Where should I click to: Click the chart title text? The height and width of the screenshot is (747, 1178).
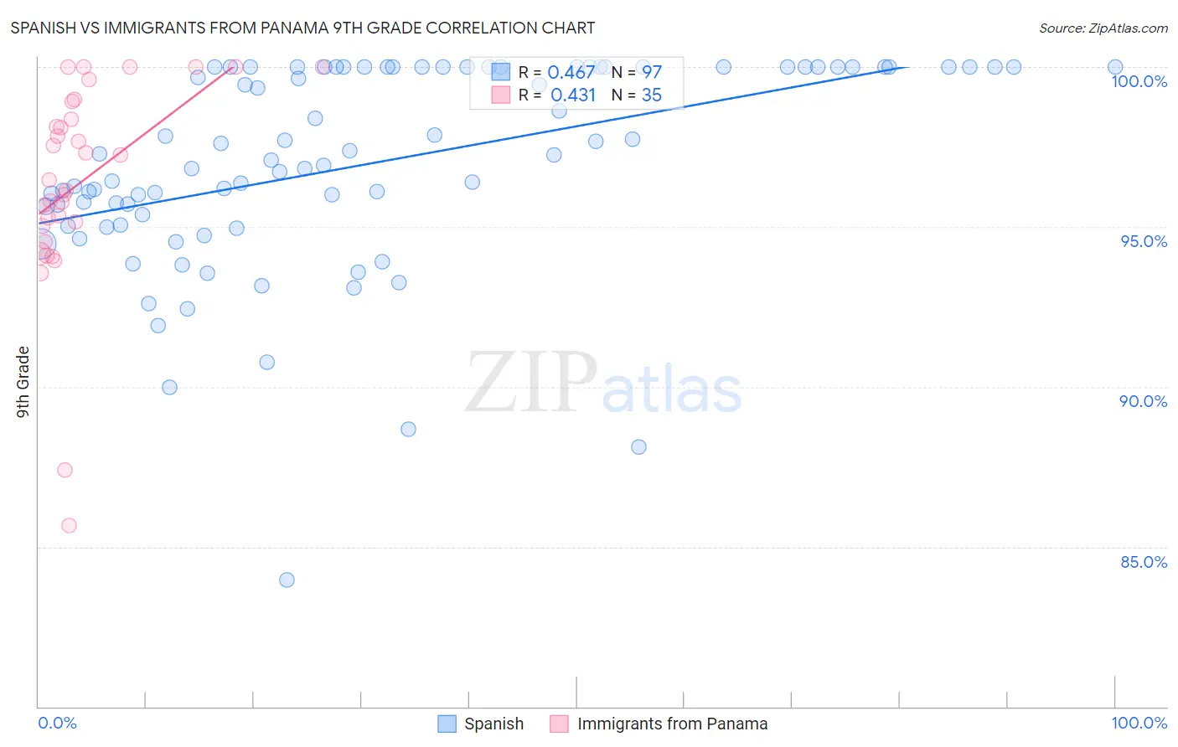tap(302, 28)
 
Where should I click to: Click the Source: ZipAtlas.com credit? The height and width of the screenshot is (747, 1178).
tap(1103, 28)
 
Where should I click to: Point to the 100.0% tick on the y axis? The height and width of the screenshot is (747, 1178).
tap(1139, 81)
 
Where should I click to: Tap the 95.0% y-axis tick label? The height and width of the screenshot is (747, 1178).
tap(1144, 241)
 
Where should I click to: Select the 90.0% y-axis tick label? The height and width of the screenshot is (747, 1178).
tap(1143, 401)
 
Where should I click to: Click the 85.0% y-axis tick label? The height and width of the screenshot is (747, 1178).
tap(1144, 562)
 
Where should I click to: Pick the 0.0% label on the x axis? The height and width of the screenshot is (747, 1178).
tap(57, 723)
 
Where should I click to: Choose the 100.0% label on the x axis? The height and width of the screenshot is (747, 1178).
tap(1139, 723)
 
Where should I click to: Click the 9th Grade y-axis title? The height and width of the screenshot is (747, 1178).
tap(23, 381)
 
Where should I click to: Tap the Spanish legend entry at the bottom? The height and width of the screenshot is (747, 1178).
tap(481, 724)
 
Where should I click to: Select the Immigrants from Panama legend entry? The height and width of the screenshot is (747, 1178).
tap(659, 724)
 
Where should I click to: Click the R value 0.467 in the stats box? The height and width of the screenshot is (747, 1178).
tap(571, 73)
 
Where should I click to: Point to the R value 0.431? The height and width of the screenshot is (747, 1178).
tap(573, 95)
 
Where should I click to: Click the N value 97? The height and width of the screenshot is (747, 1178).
tap(651, 73)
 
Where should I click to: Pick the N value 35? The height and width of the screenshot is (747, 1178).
tap(651, 95)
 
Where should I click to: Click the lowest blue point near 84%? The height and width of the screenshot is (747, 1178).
tap(287, 580)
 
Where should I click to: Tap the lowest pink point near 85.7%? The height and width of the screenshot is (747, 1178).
tap(69, 525)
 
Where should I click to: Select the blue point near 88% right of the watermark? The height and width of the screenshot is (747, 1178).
tap(638, 447)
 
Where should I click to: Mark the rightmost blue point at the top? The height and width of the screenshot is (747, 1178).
tap(1115, 67)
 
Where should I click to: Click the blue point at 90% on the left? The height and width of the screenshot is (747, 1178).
tap(169, 387)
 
